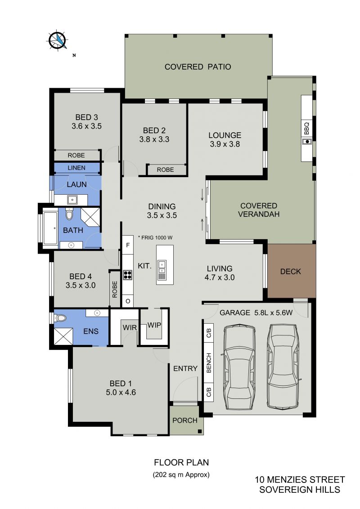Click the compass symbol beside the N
tap(58, 40)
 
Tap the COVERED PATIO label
tap(198, 67)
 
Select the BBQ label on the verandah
tap(307, 128)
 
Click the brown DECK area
tap(292, 271)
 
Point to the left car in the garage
tap(239, 366)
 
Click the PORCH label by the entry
tap(185, 420)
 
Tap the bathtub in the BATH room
tap(51, 228)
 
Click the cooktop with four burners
tap(128, 275)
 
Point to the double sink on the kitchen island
tap(162, 266)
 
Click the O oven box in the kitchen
tap(128, 301)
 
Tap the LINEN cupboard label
tap(76, 168)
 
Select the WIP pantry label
tap(154, 325)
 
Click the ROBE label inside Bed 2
tap(166, 170)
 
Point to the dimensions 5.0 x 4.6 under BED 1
tap(121, 392)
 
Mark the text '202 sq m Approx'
tap(181, 474)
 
